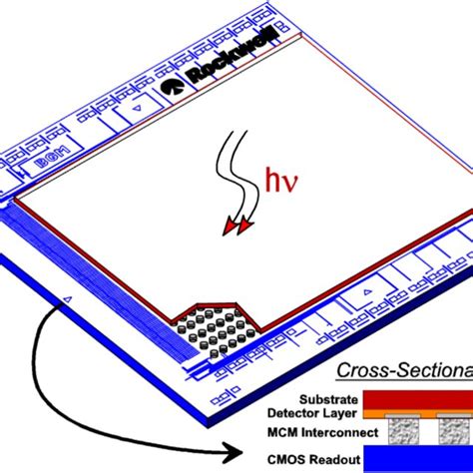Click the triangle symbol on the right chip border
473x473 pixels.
pyautogui.click(x=365, y=290)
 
